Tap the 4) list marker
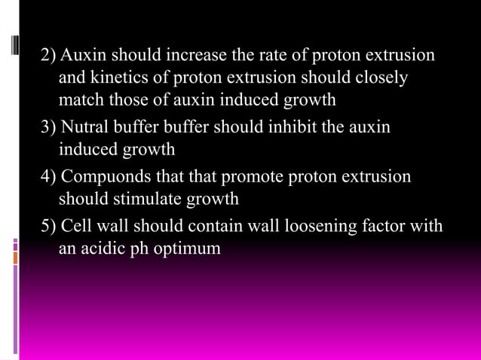click(49, 177)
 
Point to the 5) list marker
click(49, 227)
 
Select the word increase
click(190, 56)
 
